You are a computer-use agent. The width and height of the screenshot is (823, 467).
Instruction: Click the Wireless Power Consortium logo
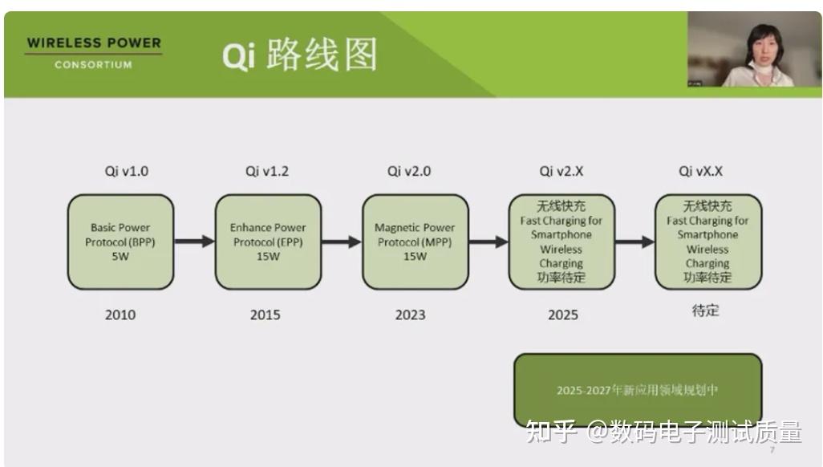pos(93,53)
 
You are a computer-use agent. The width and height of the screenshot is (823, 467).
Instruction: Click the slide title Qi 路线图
pos(299,55)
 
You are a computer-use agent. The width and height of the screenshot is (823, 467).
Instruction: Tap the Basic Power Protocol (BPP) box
pos(120,242)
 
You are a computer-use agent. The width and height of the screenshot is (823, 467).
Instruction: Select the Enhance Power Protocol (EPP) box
pos(268,242)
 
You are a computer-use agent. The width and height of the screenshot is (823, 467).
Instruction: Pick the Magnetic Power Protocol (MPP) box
pos(415,242)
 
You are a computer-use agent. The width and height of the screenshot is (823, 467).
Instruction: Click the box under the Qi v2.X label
pos(562,242)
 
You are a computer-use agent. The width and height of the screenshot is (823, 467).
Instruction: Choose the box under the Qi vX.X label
pos(707,242)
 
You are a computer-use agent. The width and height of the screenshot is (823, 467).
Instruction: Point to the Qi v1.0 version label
pos(127,171)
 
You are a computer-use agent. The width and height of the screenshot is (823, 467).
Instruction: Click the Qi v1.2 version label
pos(268,171)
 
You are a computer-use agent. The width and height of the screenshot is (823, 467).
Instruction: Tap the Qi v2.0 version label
pos(409,171)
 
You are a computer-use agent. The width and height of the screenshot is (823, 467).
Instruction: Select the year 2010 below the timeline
pos(120,315)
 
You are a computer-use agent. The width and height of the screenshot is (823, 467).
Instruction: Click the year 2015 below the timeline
pos(266,315)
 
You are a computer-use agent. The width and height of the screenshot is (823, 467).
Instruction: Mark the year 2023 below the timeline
pos(411,315)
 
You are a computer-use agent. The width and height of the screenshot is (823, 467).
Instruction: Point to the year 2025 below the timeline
pos(563,315)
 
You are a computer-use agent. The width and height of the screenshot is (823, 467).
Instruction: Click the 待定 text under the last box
pos(706,311)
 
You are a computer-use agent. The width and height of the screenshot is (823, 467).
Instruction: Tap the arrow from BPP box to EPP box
pos(194,242)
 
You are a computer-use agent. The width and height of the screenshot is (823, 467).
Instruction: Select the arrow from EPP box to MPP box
pos(342,242)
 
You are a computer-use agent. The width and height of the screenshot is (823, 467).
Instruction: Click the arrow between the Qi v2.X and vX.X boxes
pos(634,242)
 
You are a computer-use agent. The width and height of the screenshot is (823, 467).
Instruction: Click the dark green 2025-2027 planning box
pos(638,390)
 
